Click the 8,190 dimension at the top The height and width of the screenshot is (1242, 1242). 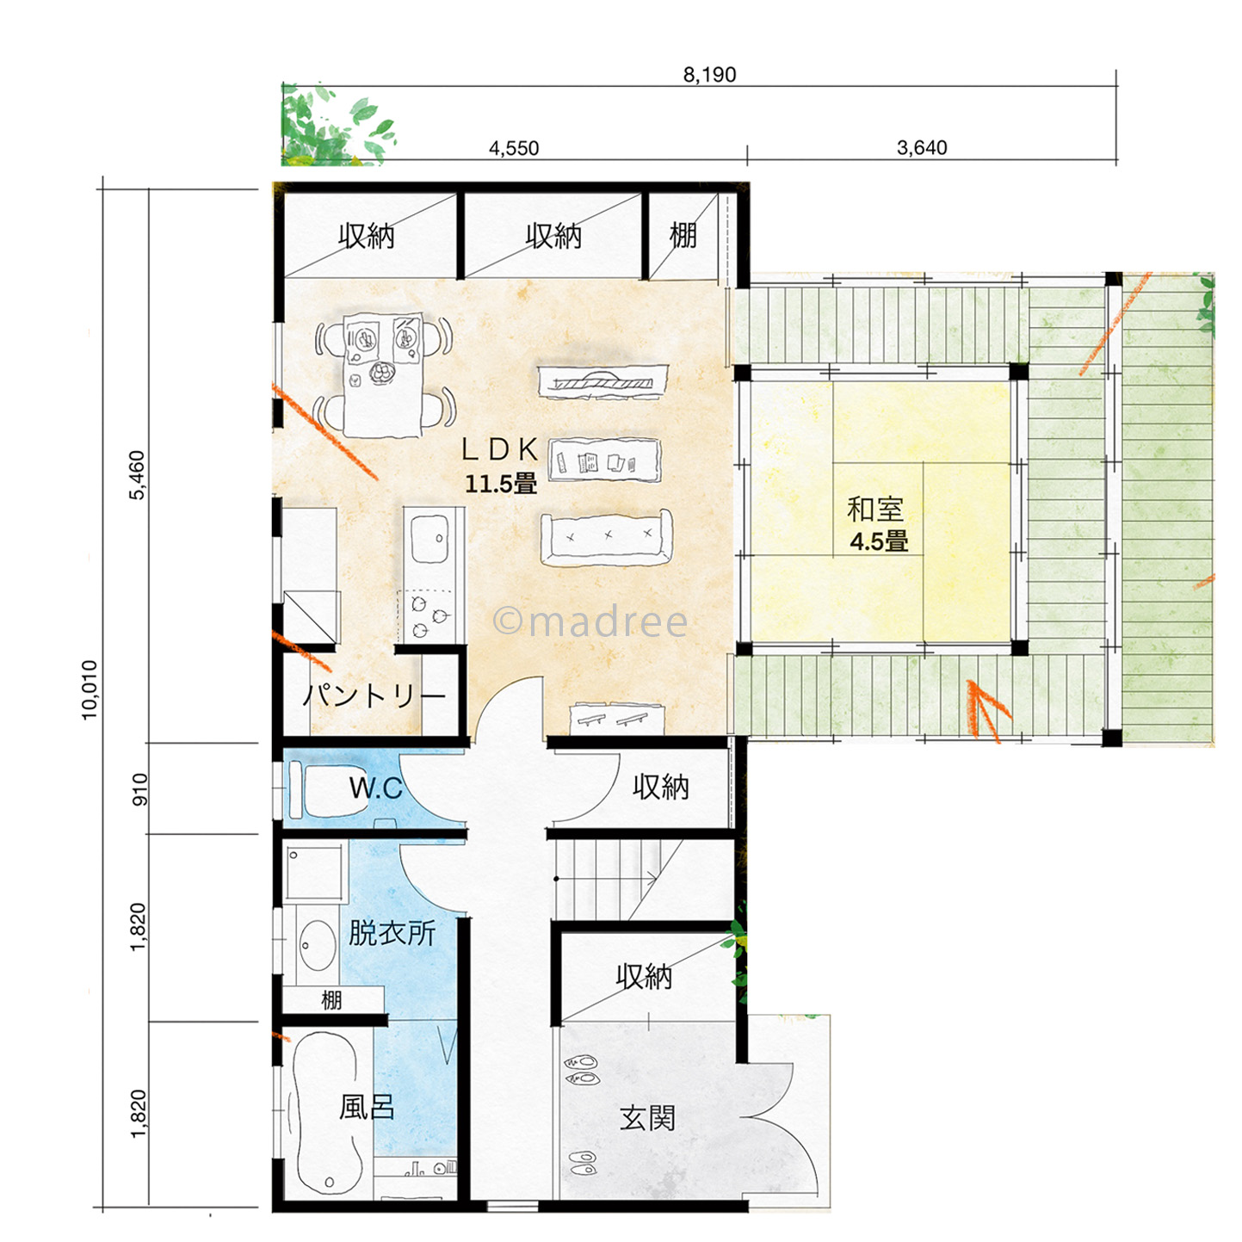[709, 75]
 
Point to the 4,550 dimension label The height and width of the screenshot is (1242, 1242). [514, 148]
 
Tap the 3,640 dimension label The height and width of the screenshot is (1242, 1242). [922, 147]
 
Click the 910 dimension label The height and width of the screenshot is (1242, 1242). [139, 789]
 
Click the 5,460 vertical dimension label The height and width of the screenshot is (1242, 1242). [138, 475]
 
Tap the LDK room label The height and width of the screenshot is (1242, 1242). [500, 450]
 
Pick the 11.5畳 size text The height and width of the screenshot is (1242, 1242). [501, 484]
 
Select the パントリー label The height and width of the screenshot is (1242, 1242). [374, 695]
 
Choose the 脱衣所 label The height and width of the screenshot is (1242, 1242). [392, 933]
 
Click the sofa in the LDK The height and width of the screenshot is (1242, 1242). [606, 538]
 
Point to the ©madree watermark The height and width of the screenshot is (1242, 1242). [590, 621]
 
